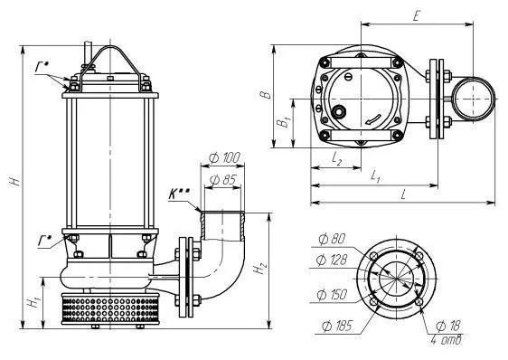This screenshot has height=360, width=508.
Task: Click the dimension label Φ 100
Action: (224, 158)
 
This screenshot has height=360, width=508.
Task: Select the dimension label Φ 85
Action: (223, 180)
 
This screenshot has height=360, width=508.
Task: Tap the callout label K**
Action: (178, 194)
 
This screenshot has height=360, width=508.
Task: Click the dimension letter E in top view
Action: (417, 16)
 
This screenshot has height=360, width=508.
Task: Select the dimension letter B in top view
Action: (266, 94)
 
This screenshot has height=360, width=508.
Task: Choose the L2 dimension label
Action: (337, 158)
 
